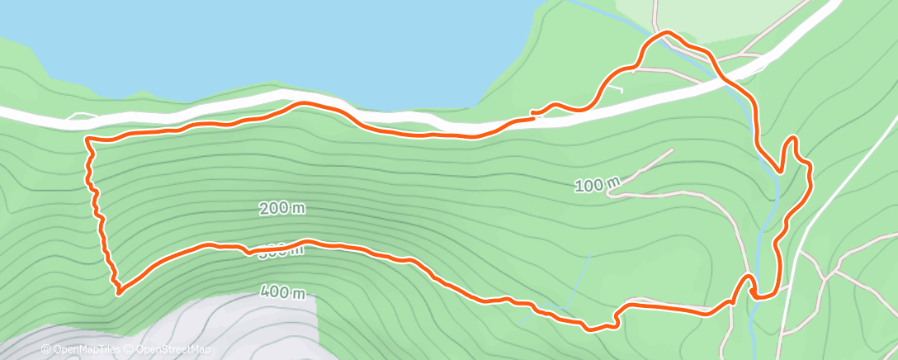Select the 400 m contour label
tap(283, 291)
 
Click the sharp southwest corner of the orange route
tap(120, 291)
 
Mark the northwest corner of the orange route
tap(87, 140)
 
